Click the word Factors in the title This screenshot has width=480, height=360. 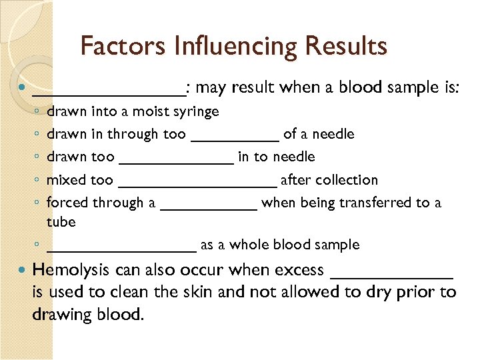pos(122,46)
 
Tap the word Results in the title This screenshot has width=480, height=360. pos(346,46)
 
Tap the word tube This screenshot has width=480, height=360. pos(61,221)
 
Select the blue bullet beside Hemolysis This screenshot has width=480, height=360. pos(24,270)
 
